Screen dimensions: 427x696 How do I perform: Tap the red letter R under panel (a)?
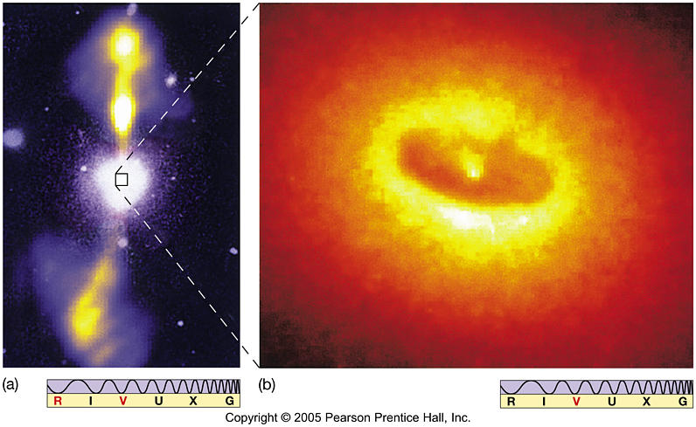pos(57,402)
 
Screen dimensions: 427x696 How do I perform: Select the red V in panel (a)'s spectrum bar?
pos(123,402)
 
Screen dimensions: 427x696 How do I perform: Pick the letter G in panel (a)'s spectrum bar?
pos(229,402)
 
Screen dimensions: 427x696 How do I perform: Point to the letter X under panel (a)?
pos(194,402)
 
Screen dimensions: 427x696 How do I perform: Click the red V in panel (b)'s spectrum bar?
pos(575,402)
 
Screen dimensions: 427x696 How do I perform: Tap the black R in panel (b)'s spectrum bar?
pos(511,402)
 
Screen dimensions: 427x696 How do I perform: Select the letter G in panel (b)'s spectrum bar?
pos(681,402)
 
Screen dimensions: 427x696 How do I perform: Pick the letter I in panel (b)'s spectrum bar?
pos(543,402)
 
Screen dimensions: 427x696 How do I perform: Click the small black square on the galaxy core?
pos(122,180)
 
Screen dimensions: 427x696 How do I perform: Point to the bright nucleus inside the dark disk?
pos(472,171)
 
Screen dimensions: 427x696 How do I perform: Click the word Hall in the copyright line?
pos(429,418)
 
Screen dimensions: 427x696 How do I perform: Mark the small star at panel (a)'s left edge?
pos(12,138)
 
